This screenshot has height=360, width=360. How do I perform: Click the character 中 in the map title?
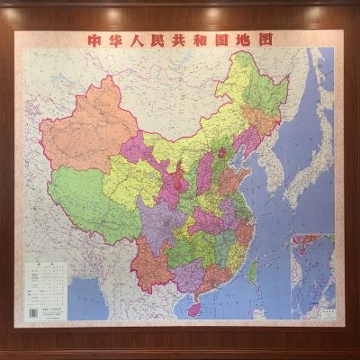tap(92, 40)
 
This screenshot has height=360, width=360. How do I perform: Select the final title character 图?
tap(265, 40)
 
